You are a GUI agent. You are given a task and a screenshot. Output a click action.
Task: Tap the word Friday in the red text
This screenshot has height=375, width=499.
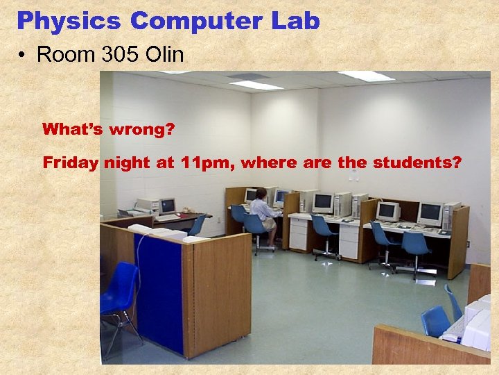pyautogui.click(x=71, y=163)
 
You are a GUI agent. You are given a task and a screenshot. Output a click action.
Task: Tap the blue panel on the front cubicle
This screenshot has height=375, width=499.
pyautogui.click(x=158, y=292)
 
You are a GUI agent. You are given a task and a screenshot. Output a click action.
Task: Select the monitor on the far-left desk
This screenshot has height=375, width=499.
pyautogui.click(x=167, y=206)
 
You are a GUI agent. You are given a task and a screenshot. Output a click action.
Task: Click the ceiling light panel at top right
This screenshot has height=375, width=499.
pyautogui.click(x=366, y=75)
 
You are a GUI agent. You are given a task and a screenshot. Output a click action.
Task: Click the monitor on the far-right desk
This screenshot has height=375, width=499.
pyautogui.click(x=430, y=213)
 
